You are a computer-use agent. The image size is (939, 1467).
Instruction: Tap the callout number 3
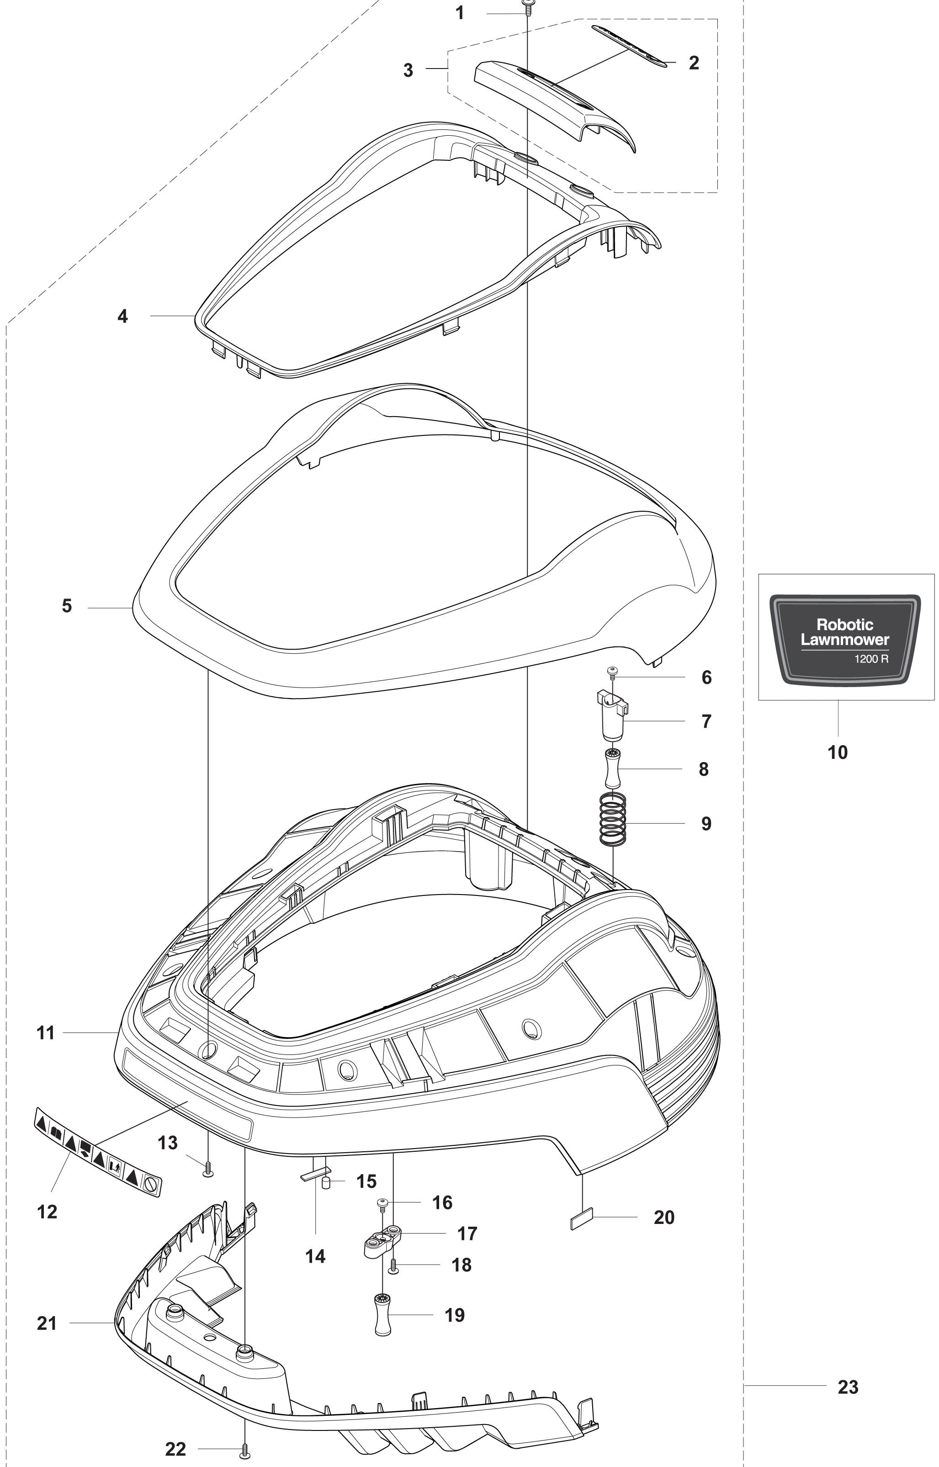(x=408, y=70)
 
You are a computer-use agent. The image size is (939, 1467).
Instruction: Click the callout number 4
(x=122, y=316)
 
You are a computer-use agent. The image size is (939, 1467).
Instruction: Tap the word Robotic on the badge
(x=844, y=625)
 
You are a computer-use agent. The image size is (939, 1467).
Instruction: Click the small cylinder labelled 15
(x=326, y=1184)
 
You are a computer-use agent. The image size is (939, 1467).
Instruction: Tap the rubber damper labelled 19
(x=382, y=1316)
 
